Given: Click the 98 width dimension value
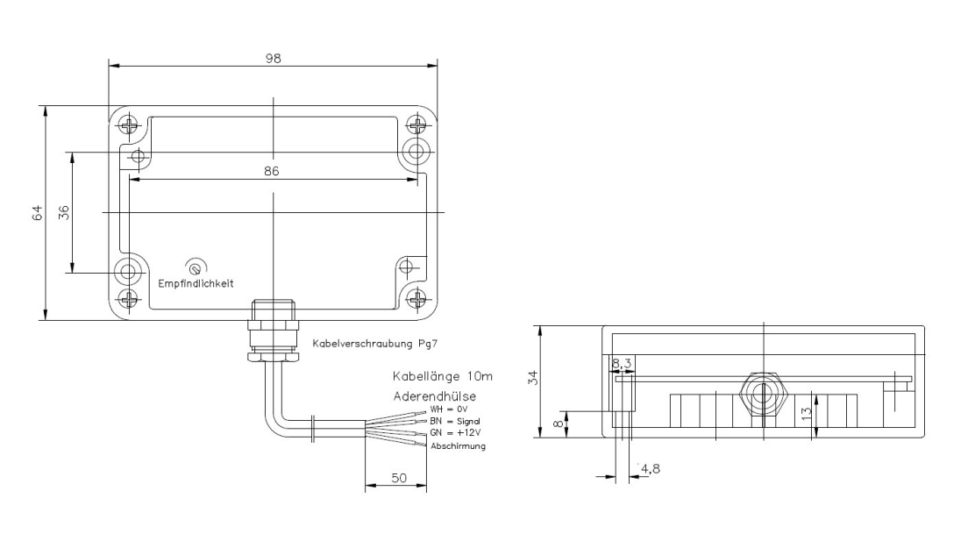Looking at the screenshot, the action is (273, 59).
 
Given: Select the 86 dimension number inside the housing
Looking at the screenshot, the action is (271, 171).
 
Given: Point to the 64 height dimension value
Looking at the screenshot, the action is (39, 213).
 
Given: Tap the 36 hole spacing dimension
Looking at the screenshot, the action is (64, 213).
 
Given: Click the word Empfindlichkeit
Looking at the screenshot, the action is (196, 283).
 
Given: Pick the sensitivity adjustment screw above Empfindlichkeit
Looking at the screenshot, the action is (196, 268).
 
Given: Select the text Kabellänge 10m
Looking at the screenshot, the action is (442, 376).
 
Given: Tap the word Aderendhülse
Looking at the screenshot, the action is (435, 396).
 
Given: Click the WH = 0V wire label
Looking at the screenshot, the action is (448, 409).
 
